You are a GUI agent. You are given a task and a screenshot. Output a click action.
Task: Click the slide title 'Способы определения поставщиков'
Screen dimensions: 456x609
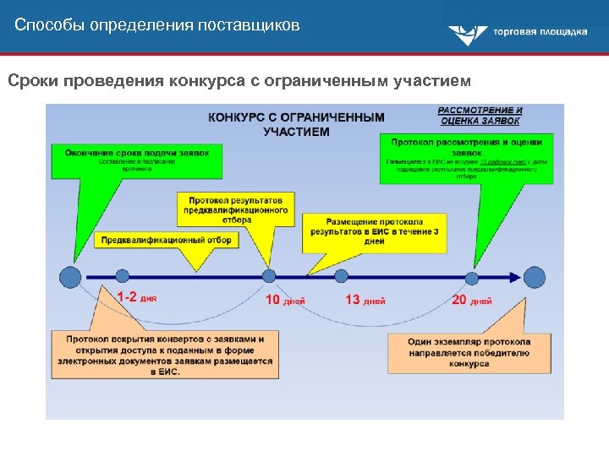[x=157, y=24]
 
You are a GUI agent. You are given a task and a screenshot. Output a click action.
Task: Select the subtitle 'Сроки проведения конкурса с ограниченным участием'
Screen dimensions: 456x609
[x=239, y=81]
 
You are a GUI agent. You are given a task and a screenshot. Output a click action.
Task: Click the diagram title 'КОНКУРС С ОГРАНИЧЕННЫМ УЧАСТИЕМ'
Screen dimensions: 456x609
[x=296, y=124]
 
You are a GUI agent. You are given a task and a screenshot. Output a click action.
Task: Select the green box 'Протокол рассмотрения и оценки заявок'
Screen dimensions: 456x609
[x=466, y=158]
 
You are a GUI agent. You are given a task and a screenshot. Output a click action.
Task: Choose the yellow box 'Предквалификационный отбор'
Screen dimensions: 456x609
[x=165, y=240]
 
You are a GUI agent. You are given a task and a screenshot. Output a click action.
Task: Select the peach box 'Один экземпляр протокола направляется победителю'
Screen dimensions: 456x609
[x=469, y=352]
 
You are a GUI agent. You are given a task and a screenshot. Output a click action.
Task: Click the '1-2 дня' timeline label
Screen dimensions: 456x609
[x=136, y=298]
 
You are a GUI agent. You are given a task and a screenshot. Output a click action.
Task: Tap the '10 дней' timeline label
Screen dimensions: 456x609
[x=285, y=300]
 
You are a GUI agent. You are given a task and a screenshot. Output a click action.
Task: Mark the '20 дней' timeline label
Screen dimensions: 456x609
[x=471, y=300]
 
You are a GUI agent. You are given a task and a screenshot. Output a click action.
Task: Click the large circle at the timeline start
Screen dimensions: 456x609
[x=71, y=276]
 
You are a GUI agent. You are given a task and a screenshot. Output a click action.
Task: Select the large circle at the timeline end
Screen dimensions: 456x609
[x=535, y=276]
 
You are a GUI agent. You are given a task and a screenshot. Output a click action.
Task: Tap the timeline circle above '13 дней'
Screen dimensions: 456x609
[x=341, y=276]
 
